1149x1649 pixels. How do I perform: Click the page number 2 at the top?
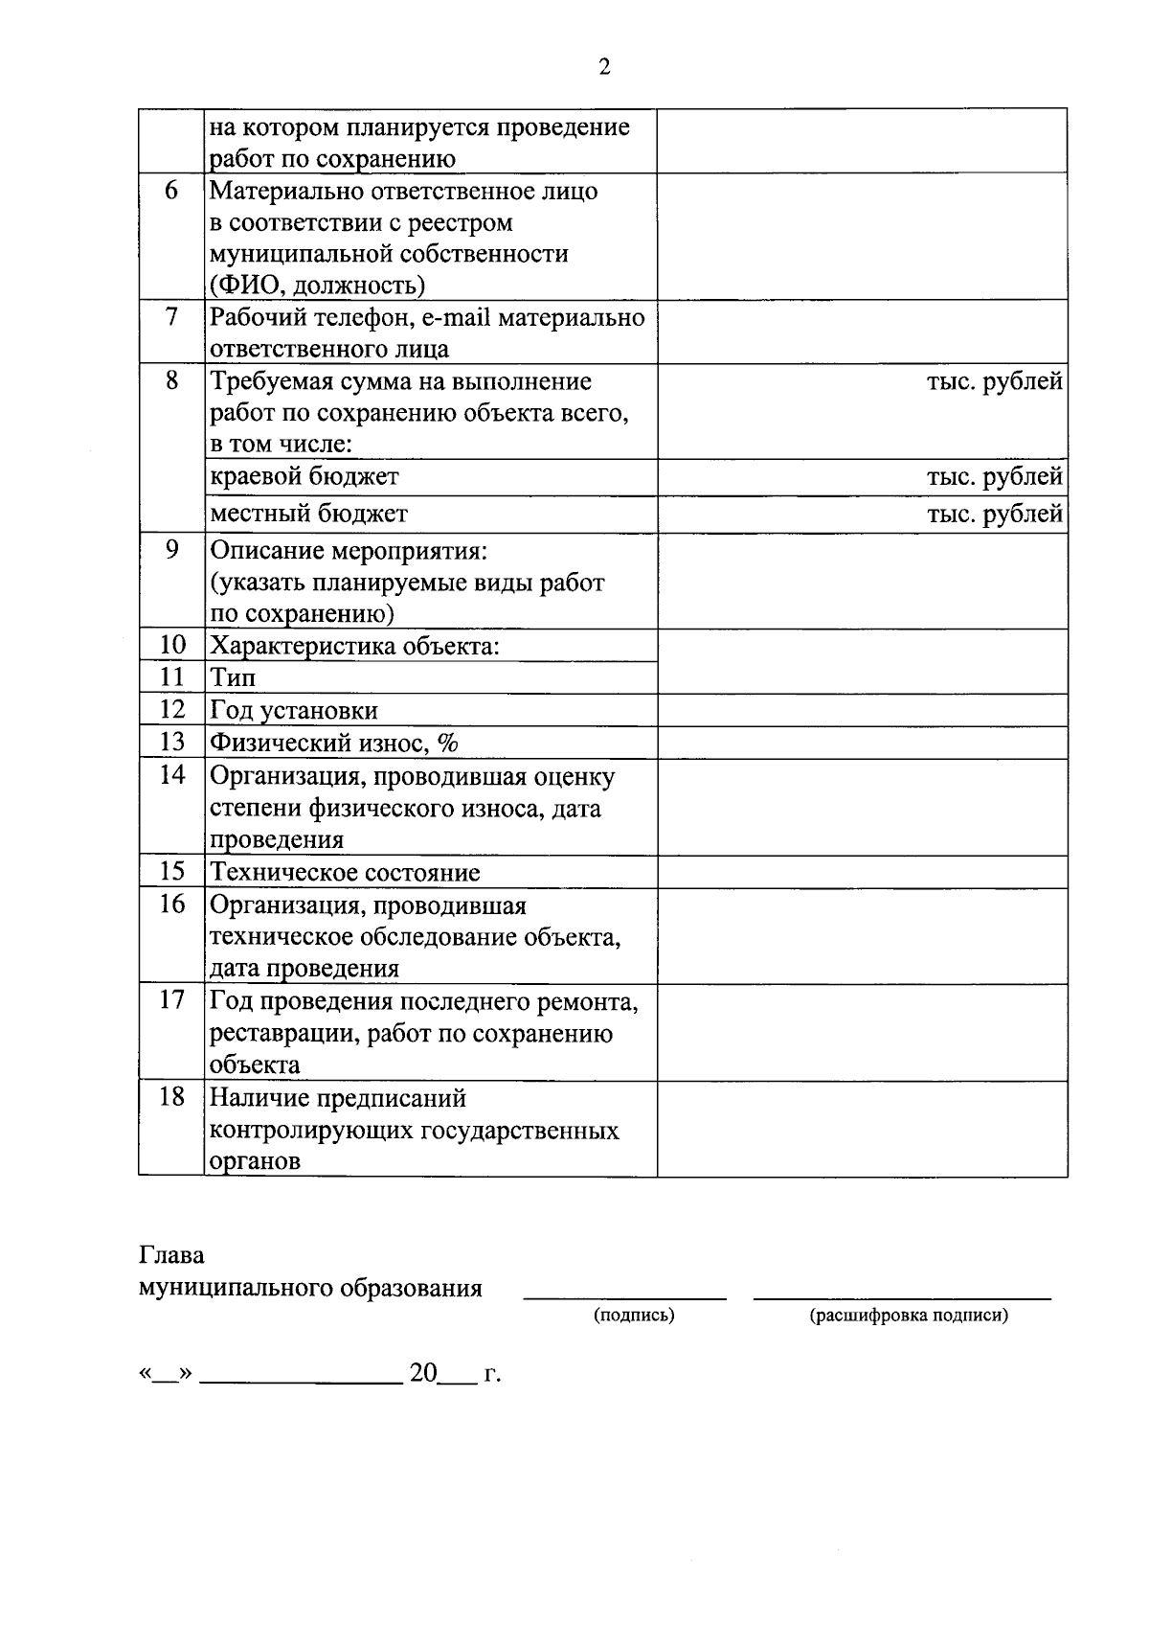[603, 66]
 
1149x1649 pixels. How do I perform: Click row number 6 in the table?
[171, 190]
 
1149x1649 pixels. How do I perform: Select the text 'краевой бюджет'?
[304, 476]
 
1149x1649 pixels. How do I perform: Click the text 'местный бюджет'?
[308, 514]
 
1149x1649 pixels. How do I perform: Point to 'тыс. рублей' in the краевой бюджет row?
[994, 476]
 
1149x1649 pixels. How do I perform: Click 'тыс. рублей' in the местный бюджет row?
[994, 514]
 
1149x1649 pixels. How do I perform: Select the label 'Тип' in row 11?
[233, 677]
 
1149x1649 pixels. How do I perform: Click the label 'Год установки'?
[294, 710]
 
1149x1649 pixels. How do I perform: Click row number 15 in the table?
[171, 871]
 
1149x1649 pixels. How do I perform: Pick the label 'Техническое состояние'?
[345, 872]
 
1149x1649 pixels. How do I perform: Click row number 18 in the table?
[171, 1096]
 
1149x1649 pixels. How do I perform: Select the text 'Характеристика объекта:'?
[354, 645]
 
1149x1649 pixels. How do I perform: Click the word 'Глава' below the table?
[171, 1255]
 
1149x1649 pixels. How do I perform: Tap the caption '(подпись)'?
[633, 1316]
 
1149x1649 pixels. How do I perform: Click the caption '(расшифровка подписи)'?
[908, 1316]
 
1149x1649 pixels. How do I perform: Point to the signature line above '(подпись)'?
[624, 1298]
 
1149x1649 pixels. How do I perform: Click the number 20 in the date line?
[423, 1373]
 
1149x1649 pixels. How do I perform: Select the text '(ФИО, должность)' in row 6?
[318, 285]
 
